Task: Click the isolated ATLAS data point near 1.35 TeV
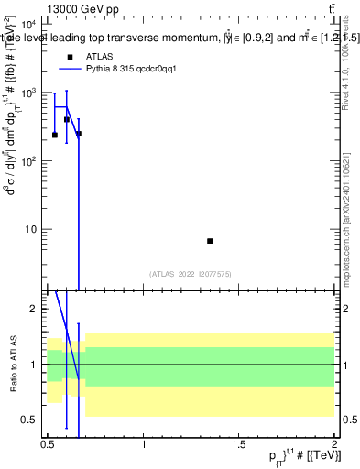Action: coord(210,241)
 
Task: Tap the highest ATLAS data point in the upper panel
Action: coord(67,119)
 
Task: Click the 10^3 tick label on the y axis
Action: coord(27,93)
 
